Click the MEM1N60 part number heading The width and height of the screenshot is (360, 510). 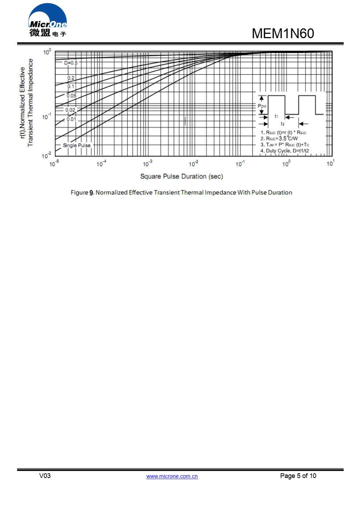pyautogui.click(x=283, y=33)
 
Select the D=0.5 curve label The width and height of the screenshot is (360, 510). pyautogui.click(x=71, y=63)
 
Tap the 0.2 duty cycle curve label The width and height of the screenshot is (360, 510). pyautogui.click(x=71, y=78)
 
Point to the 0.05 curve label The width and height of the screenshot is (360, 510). pyautogui.click(x=72, y=96)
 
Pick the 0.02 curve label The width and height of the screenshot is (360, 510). pyautogui.click(x=70, y=110)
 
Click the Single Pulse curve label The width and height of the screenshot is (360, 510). pyautogui.click(x=77, y=145)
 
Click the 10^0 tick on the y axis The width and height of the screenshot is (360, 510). pyautogui.click(x=47, y=52)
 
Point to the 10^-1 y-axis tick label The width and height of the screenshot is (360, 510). pyautogui.click(x=46, y=117)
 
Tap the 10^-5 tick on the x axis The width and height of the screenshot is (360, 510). pyautogui.click(x=54, y=164)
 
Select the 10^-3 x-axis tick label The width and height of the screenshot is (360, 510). pyautogui.click(x=147, y=164)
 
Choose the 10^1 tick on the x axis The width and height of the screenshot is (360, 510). pyautogui.click(x=330, y=164)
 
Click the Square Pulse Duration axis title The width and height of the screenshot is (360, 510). pyautogui.click(x=182, y=176)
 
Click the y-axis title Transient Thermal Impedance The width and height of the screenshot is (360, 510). pyautogui.click(x=30, y=103)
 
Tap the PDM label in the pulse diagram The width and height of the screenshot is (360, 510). pyautogui.click(x=262, y=106)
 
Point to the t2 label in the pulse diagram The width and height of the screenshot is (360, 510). pyautogui.click(x=283, y=124)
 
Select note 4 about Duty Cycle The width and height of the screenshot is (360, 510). pyautogui.click(x=284, y=151)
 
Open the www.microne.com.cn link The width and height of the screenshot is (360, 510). pyautogui.click(x=172, y=476)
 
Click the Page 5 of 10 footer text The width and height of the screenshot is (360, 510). pyautogui.click(x=298, y=476)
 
